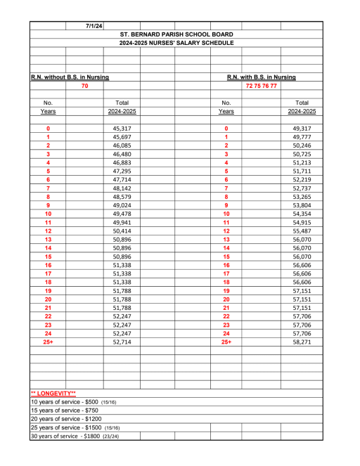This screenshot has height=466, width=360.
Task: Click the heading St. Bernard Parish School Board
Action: coord(176,34)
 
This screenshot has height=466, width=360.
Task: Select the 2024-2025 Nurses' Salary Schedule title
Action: coord(176,43)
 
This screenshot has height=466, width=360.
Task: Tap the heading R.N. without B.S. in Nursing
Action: coord(68,77)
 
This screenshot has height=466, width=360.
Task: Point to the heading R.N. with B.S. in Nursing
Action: coord(261,77)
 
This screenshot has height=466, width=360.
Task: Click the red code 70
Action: coord(84,86)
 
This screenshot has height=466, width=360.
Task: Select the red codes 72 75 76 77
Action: coord(261,86)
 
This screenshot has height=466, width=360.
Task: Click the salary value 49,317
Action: coord(301,129)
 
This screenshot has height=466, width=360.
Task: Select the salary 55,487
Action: coord(301,231)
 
